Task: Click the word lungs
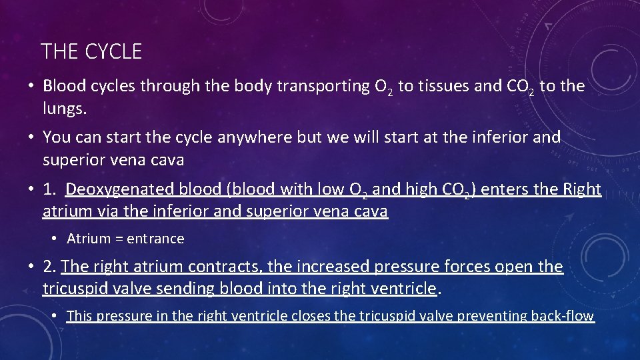click(x=64, y=108)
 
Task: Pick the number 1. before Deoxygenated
click(x=50, y=190)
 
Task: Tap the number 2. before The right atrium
click(x=50, y=267)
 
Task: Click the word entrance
click(x=155, y=239)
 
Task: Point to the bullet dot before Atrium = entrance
click(x=55, y=239)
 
